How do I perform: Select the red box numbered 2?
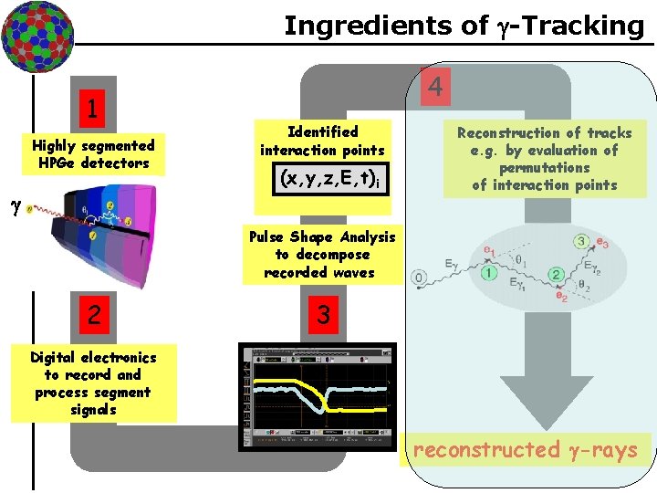94,315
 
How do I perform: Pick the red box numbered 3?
321,315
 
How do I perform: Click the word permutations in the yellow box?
544,168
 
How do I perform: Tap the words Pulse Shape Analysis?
322,236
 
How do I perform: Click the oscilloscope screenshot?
318,397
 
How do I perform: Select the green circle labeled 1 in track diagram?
490,271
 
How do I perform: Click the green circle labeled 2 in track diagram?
554,275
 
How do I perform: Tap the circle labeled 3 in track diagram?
581,241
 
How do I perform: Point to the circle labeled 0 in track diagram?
419,277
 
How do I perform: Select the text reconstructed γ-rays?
525,449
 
